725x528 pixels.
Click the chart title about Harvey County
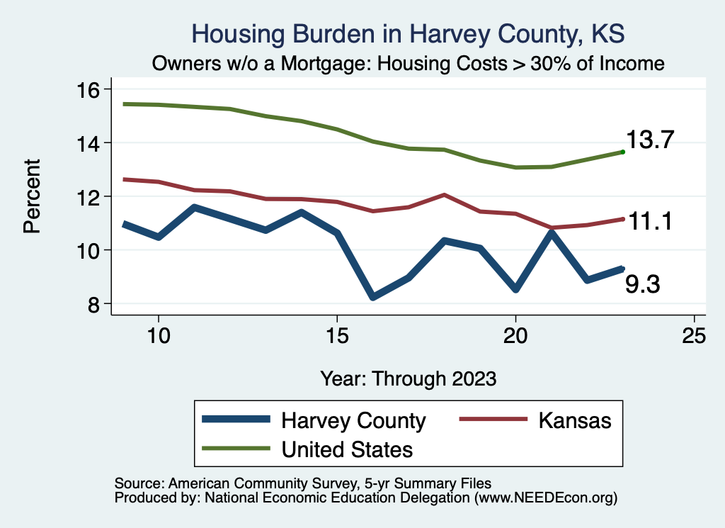(409, 34)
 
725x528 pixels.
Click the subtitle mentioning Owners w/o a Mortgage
(409, 64)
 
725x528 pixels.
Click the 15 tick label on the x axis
(337, 335)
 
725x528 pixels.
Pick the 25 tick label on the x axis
(694, 335)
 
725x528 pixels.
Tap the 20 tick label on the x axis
(515, 335)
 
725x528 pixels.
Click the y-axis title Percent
(32, 196)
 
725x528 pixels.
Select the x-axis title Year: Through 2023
(408, 378)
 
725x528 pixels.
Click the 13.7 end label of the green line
(652, 140)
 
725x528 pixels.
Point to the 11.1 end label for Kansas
(649, 222)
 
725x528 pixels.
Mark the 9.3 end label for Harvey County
(642, 284)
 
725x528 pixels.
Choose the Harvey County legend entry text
(353, 420)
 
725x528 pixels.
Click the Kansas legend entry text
(574, 420)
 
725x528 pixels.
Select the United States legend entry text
(347, 449)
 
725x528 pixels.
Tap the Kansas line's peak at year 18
(444, 194)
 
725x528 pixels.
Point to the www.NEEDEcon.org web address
(545, 498)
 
